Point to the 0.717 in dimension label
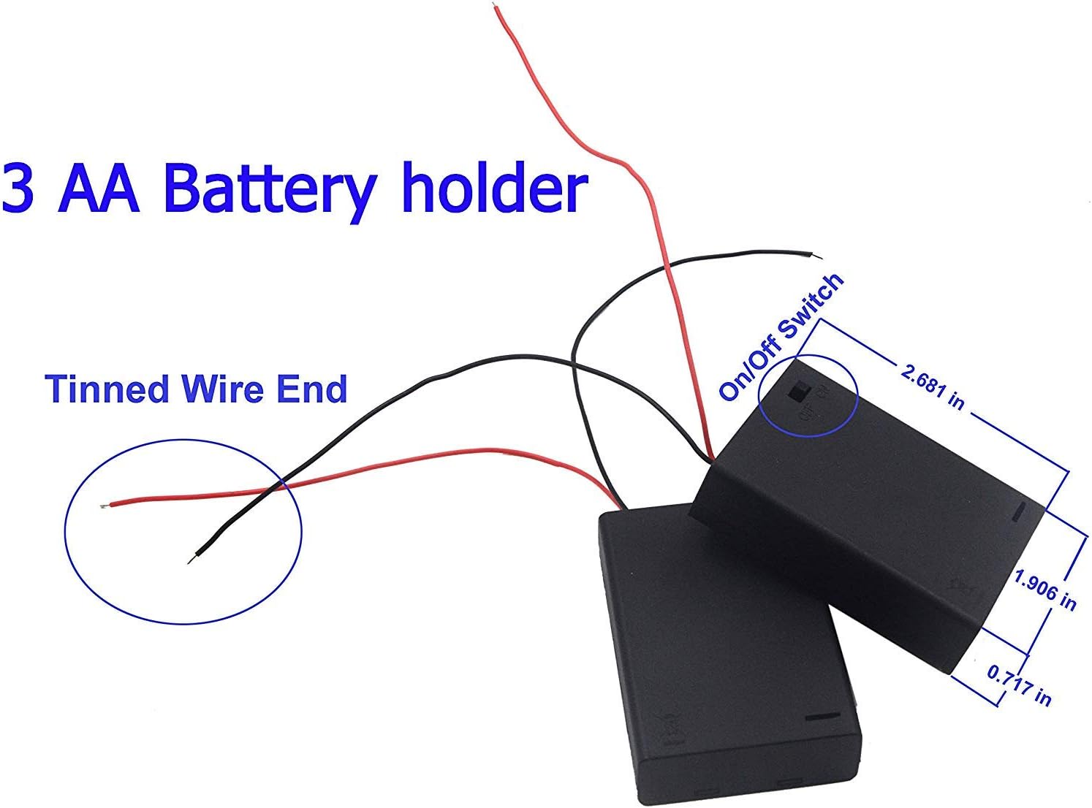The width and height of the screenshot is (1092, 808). [1019, 684]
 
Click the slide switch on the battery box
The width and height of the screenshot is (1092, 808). [797, 392]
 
